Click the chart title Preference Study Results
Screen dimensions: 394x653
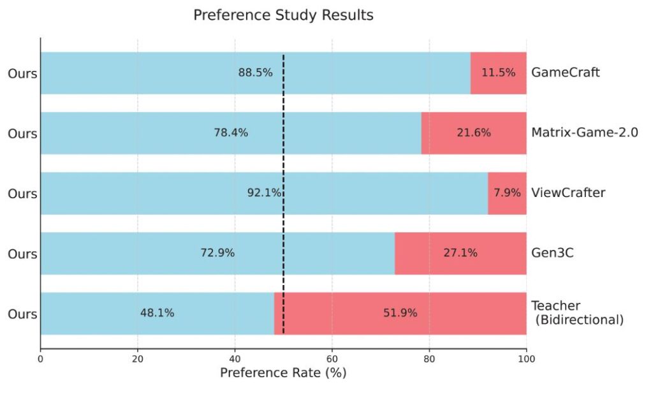tap(283, 15)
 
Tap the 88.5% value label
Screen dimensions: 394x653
tap(255, 73)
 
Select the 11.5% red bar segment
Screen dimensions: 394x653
tap(498, 73)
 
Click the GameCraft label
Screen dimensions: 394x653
tap(565, 73)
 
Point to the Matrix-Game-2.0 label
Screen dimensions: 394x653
tap(584, 133)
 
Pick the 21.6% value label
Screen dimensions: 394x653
tap(474, 133)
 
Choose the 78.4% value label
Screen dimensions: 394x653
tap(231, 133)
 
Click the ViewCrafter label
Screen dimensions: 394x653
tap(568, 193)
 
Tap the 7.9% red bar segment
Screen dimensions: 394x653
tap(507, 193)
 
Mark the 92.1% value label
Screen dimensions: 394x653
tap(264, 193)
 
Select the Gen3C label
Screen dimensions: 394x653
tap(552, 253)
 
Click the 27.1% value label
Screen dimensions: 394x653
tap(460, 253)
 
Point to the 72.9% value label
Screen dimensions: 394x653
tap(217, 253)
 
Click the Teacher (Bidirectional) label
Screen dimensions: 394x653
tap(576, 313)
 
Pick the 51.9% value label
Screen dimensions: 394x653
tap(400, 313)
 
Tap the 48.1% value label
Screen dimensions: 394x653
tap(157, 313)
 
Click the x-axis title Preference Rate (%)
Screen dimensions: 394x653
tap(283, 373)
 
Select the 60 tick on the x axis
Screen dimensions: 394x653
tap(332, 359)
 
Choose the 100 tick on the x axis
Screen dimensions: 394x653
tap(526, 359)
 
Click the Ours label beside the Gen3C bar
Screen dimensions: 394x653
tap(22, 254)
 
